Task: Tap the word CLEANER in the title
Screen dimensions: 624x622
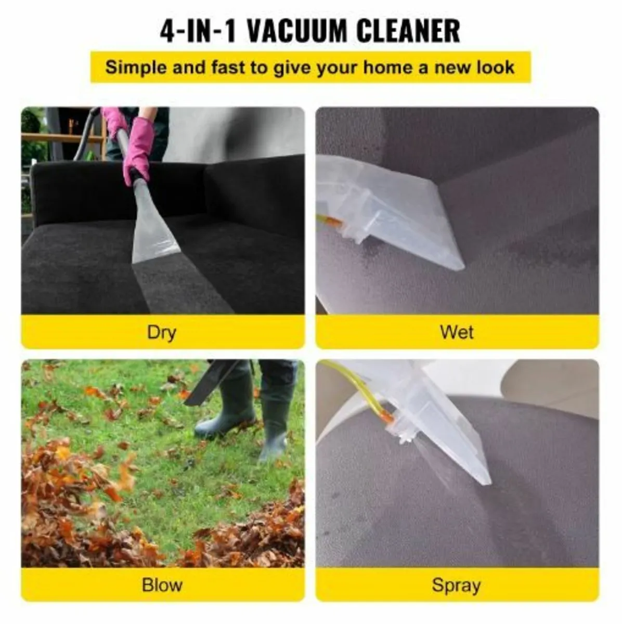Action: point(408,31)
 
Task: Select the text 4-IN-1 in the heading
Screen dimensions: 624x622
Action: point(198,31)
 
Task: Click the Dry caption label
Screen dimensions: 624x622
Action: point(162,332)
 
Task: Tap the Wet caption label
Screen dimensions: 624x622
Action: point(457,332)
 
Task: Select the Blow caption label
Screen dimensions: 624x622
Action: point(162,584)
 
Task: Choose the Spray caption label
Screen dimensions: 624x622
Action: point(456,585)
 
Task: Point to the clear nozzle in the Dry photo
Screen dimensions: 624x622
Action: point(154,229)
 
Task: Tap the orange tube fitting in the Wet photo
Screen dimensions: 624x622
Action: point(333,223)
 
